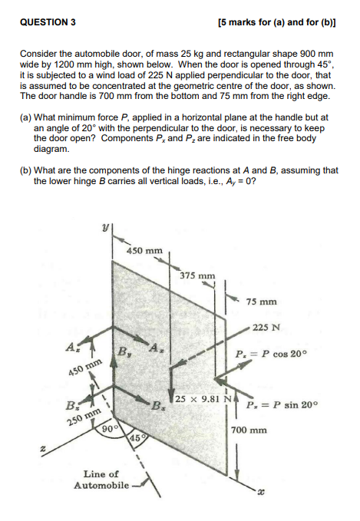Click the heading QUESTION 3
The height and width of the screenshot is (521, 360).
click(x=48, y=22)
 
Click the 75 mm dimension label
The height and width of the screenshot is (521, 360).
click(x=262, y=302)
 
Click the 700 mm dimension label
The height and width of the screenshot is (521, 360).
click(x=249, y=430)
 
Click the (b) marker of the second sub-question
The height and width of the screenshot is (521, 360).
click(x=25, y=170)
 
